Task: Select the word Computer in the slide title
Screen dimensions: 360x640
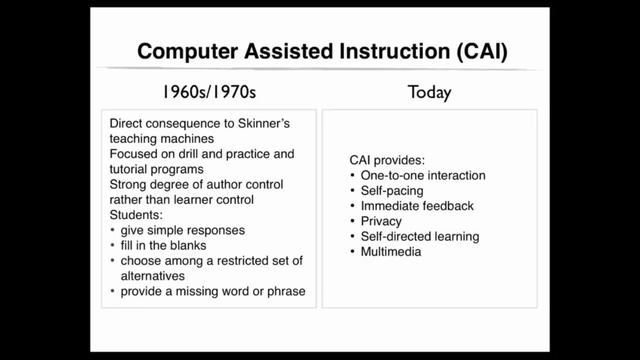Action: tap(185, 50)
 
